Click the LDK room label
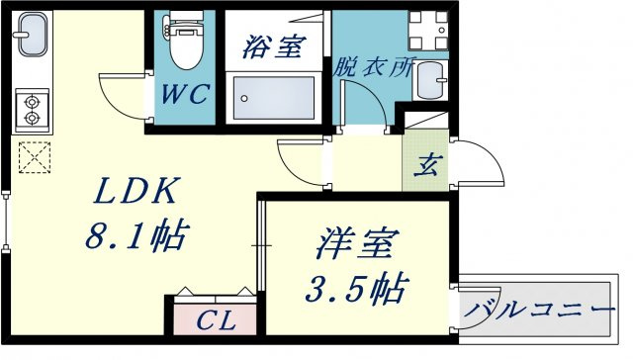(x=136, y=191)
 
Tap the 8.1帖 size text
(x=136, y=234)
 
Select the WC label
(x=185, y=94)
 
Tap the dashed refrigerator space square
(x=35, y=157)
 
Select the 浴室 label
(x=274, y=46)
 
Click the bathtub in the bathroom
(x=274, y=98)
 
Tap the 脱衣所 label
(x=373, y=67)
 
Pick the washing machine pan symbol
(x=428, y=31)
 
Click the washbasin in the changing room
(x=430, y=81)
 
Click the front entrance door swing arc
(x=492, y=153)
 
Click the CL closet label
(x=216, y=320)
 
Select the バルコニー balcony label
(x=539, y=311)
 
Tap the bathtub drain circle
(x=244, y=99)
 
